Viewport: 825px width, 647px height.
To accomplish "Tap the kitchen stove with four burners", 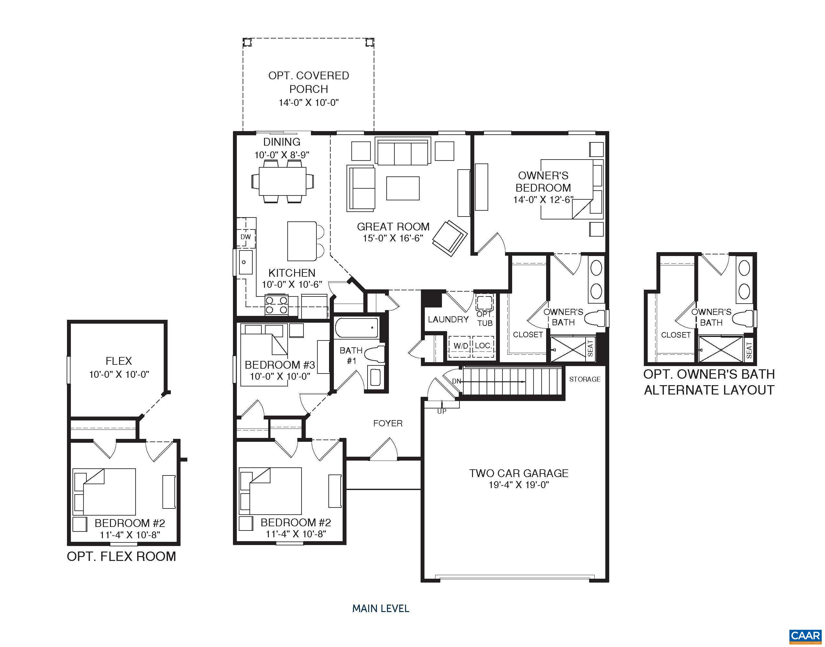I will (x=276, y=305).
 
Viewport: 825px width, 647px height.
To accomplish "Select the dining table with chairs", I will (x=282, y=181).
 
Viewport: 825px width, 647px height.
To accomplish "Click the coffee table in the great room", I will (x=402, y=188).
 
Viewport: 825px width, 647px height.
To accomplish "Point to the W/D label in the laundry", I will (x=460, y=345).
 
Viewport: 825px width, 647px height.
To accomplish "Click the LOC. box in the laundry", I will (x=483, y=345).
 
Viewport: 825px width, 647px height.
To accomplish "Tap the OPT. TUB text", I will (x=485, y=318).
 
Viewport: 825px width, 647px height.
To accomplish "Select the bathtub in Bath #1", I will (x=356, y=328).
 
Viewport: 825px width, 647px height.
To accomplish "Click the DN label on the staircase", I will (x=456, y=381).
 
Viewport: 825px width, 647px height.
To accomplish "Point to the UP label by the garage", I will (x=442, y=411).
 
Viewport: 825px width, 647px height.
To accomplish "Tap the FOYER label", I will (x=388, y=423).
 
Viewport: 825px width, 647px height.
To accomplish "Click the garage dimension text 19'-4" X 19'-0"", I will (x=519, y=485).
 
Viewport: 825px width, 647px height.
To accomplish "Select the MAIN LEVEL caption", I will (x=380, y=609).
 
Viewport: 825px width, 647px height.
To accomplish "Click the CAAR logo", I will (x=805, y=636).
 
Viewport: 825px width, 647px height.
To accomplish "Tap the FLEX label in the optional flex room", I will (x=119, y=361).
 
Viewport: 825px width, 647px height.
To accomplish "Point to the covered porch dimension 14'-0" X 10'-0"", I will (x=309, y=103).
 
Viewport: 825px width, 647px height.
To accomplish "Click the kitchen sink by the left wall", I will (x=245, y=262).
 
